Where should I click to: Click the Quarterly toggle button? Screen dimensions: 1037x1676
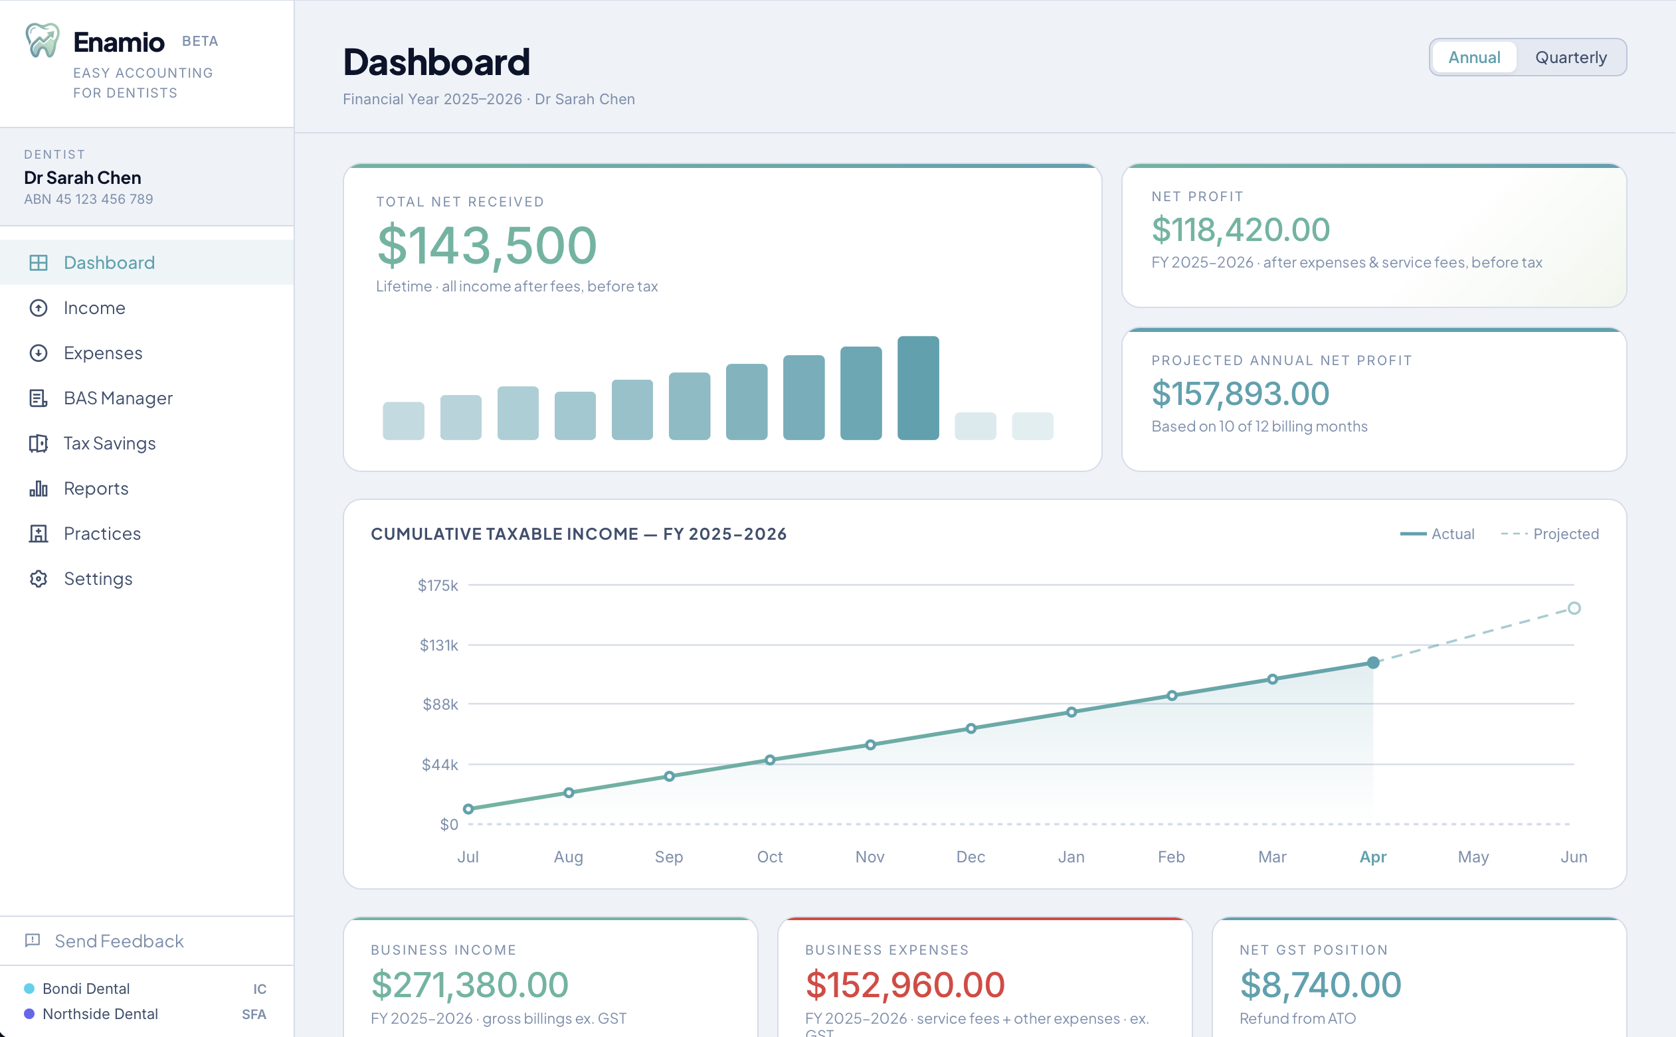tap(1570, 58)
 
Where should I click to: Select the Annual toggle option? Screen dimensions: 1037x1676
tap(1473, 58)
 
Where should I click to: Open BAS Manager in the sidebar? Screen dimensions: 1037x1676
tap(118, 398)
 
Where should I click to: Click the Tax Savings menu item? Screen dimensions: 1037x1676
tap(109, 443)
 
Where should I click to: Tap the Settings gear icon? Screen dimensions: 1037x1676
tap(39, 579)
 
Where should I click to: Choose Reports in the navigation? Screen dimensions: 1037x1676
tap(96, 489)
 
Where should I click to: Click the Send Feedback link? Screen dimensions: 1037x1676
tap(119, 941)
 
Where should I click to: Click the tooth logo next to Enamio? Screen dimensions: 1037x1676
tap(43, 41)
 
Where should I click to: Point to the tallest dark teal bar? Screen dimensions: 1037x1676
tap(918, 388)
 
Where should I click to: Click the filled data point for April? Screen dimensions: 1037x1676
tap(1373, 663)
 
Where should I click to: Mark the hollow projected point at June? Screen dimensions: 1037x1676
tap(1574, 608)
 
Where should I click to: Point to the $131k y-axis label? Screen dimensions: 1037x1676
tap(438, 645)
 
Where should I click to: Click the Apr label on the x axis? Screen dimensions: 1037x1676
tap(1373, 856)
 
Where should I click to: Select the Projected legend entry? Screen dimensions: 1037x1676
tap(1550, 534)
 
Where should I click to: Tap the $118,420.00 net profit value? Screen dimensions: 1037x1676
tap(1240, 230)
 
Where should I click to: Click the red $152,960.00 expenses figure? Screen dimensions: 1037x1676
tap(905, 985)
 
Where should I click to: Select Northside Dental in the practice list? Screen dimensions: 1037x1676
tap(100, 1014)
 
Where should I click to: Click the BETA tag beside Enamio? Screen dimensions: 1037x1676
tap(200, 42)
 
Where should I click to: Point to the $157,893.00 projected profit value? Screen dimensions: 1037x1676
tap(1240, 394)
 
